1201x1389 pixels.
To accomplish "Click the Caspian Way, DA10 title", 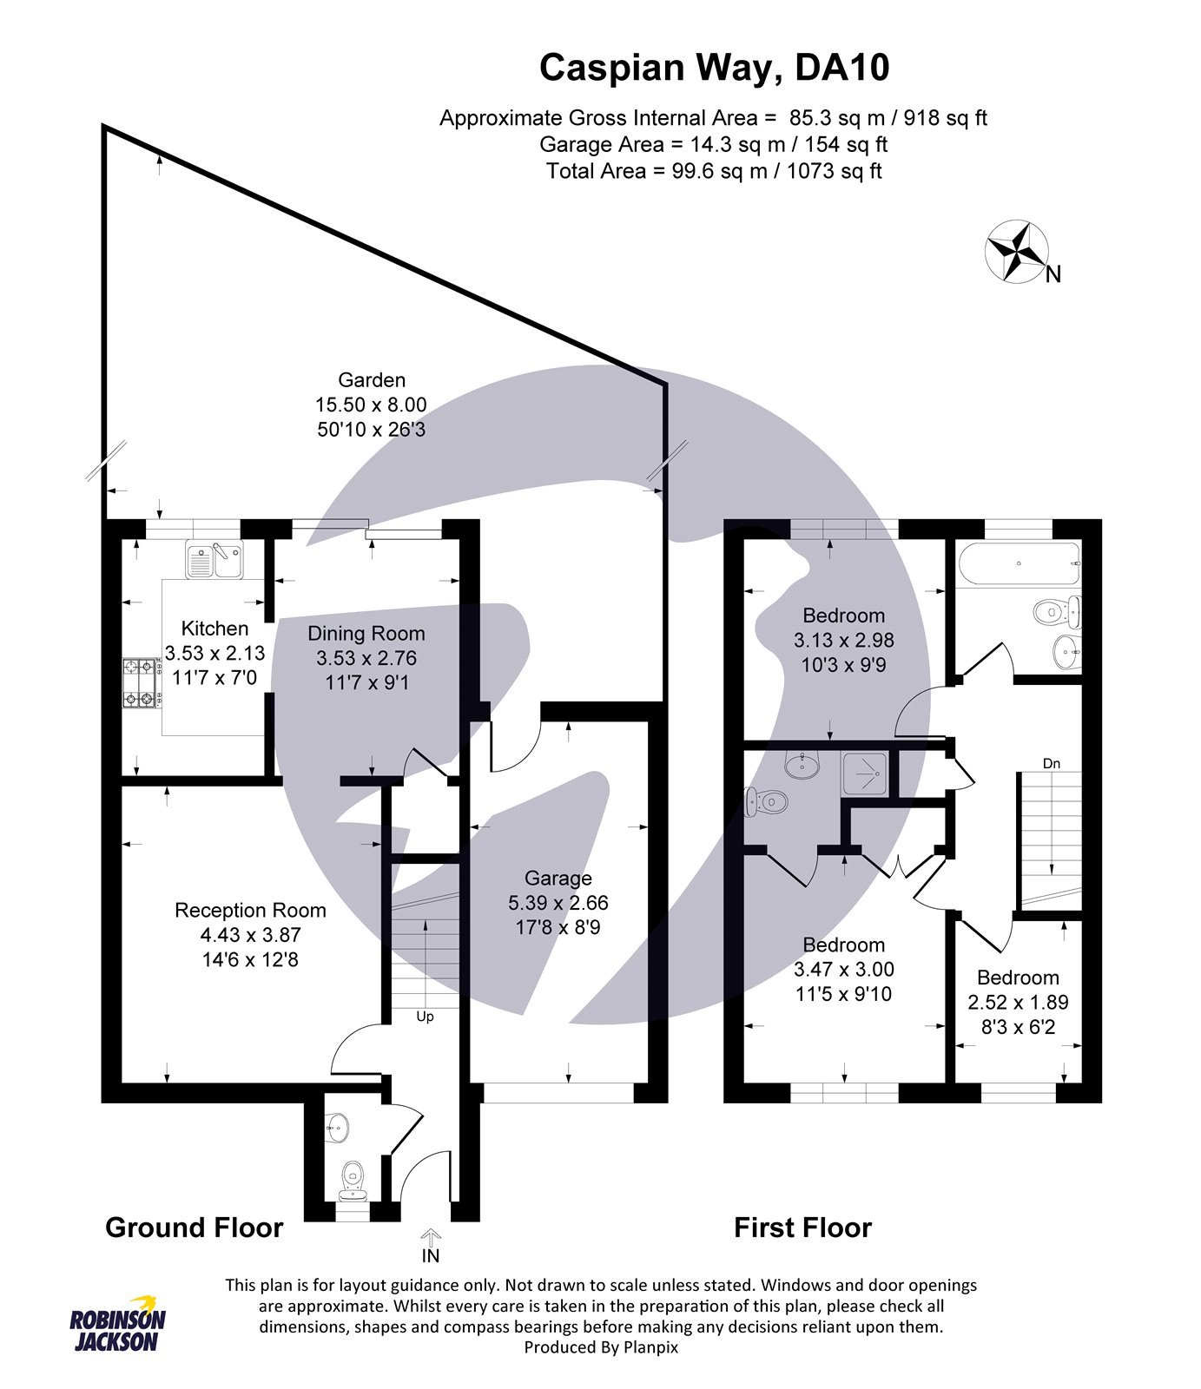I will [714, 68].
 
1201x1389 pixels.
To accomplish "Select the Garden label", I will [371, 380].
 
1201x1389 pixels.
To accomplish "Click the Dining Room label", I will [366, 634].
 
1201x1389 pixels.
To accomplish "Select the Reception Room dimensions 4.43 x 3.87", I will [250, 935].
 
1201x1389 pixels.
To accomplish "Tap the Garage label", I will [558, 878].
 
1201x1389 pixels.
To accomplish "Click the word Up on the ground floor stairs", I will [425, 1017].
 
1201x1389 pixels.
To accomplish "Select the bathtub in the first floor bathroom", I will [1018, 563].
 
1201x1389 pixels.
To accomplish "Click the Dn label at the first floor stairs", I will [1052, 764].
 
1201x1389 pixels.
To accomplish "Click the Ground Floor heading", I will [194, 1228].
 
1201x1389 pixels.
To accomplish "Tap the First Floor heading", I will [802, 1228].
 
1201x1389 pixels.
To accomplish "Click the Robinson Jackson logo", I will [117, 1331].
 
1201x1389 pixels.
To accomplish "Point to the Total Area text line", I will [714, 171].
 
